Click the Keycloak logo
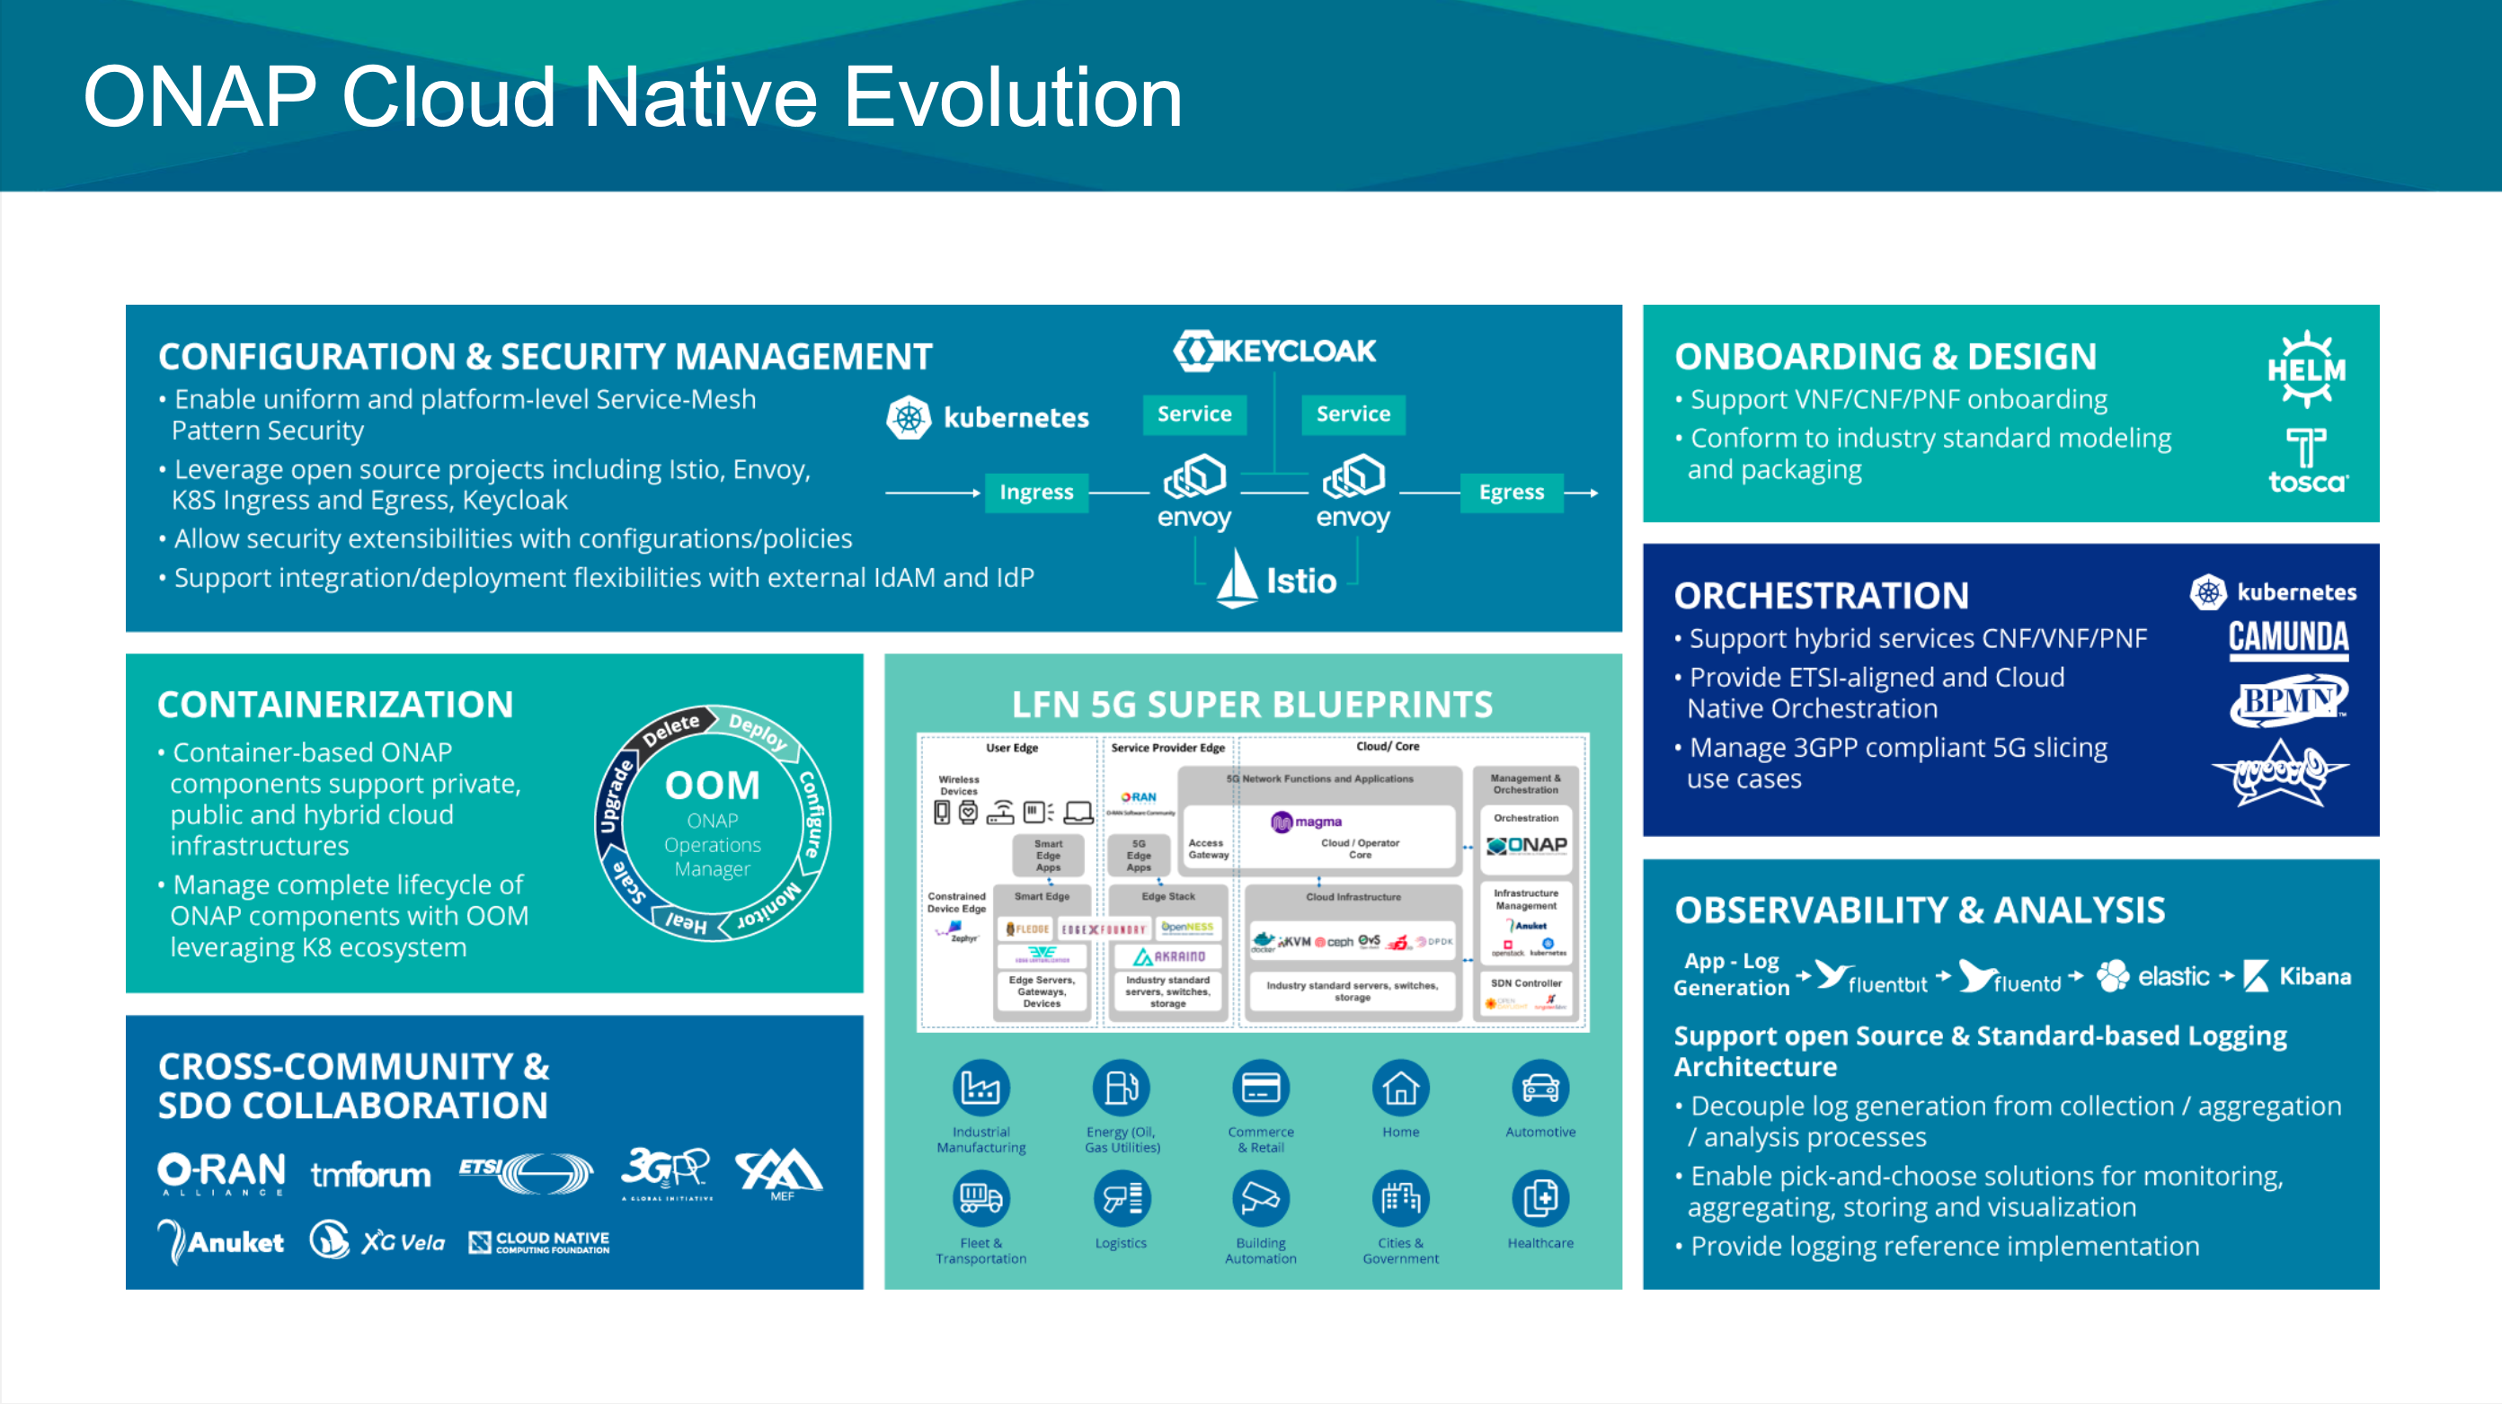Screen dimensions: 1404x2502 1274,351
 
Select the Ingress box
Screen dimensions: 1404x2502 1036,493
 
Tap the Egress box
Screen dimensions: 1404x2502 1512,493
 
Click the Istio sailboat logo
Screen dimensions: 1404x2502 1238,579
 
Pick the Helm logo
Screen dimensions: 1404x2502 2307,369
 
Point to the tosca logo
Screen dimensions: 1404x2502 2307,461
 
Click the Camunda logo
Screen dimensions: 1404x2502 2288,638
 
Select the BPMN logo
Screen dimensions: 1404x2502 2288,701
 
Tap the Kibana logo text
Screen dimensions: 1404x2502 2314,976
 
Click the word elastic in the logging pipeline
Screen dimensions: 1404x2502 2173,976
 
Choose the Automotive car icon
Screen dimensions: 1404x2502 1540,1089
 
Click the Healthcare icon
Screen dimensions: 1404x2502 1540,1199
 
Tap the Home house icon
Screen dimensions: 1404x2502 1400,1089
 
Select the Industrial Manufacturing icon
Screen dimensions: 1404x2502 981,1089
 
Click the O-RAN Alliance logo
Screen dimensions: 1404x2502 221,1174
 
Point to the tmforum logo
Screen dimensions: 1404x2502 370,1176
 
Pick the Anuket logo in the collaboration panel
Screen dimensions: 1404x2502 221,1241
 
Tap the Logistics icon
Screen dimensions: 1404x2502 1121,1199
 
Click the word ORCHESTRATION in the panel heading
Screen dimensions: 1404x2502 1821,596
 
